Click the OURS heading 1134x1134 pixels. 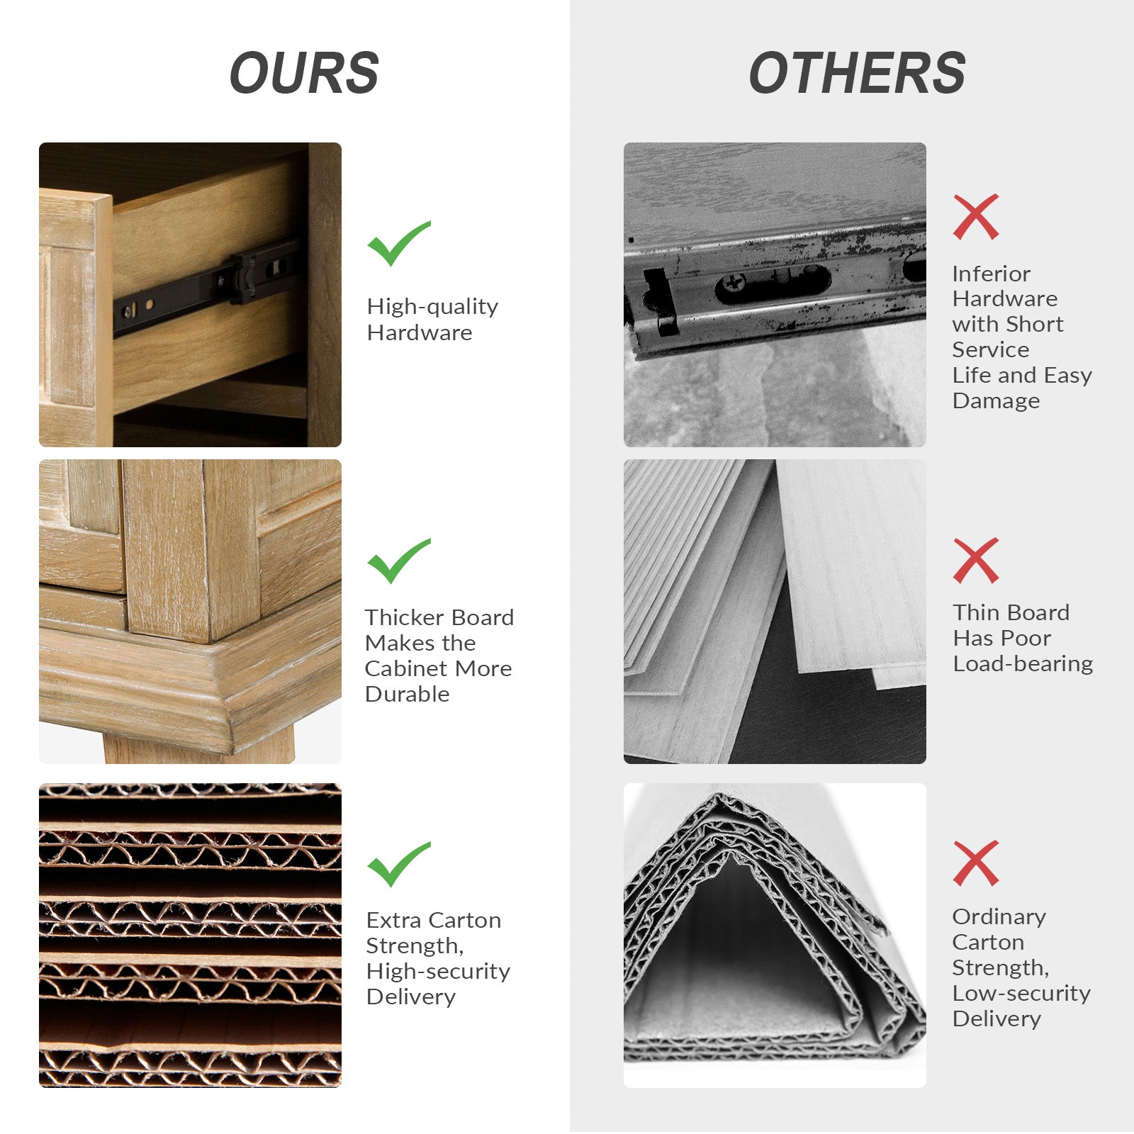(304, 73)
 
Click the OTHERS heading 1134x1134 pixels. (857, 73)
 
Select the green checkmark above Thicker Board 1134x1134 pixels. (398, 561)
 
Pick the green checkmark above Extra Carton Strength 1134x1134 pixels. (398, 864)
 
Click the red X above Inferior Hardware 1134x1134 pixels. (976, 217)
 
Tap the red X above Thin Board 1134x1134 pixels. (976, 561)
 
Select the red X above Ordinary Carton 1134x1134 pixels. (976, 863)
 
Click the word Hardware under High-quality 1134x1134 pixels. (419, 332)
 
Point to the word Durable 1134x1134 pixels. (407, 694)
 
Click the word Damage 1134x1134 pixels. (996, 400)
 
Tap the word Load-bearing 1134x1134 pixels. (1023, 663)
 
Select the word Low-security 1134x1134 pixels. (1021, 993)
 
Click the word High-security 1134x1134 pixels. (438, 971)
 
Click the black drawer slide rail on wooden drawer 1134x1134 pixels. (206, 287)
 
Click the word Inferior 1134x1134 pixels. (991, 274)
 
